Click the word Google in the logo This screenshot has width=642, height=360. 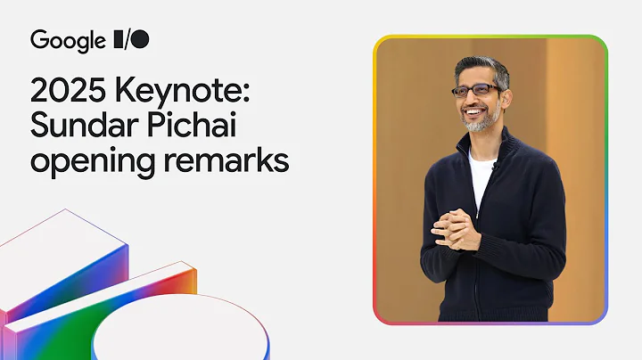[x=68, y=40]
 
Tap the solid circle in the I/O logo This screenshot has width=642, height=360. [x=141, y=40]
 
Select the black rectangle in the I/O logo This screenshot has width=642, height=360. [x=119, y=40]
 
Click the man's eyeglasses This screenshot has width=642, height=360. [x=475, y=90]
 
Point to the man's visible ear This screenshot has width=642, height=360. [x=507, y=93]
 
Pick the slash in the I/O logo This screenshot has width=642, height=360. [x=130, y=40]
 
